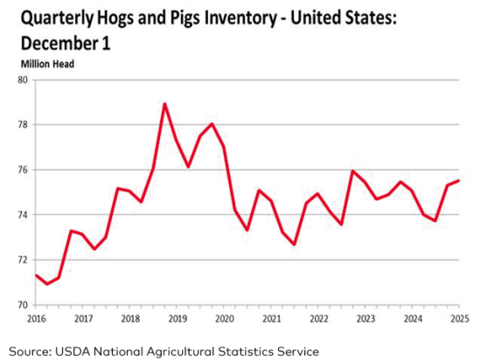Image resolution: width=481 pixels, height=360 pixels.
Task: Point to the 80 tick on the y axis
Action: coord(23,80)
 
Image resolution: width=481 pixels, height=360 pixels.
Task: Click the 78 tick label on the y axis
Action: coord(23,125)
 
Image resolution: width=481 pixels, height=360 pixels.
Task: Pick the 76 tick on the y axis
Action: coord(23,170)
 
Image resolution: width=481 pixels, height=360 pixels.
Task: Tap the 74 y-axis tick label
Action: coord(23,215)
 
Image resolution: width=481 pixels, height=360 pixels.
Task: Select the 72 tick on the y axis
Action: coord(23,260)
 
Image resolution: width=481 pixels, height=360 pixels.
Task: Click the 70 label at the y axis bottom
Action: coord(23,305)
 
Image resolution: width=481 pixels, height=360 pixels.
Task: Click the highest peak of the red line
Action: coord(164,104)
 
